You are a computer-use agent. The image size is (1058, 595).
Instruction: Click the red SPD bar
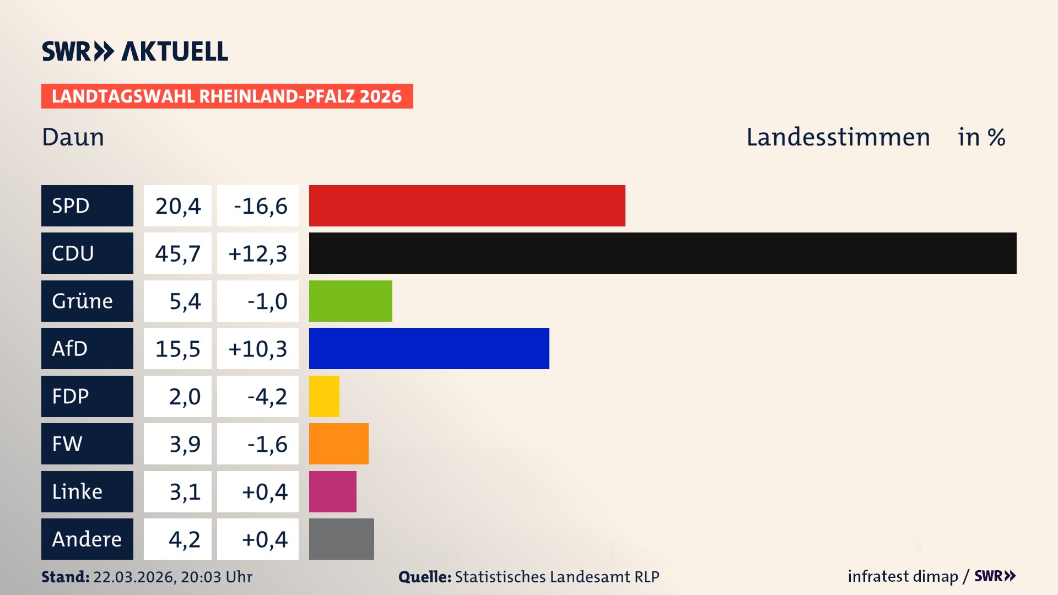(x=467, y=205)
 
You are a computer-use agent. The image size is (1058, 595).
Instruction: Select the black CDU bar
(x=662, y=253)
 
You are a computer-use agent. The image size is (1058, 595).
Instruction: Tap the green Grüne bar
(x=350, y=301)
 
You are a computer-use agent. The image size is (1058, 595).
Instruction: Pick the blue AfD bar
(x=429, y=348)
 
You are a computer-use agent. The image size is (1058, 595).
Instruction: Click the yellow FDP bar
(x=324, y=396)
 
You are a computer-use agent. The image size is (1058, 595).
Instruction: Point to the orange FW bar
(x=338, y=443)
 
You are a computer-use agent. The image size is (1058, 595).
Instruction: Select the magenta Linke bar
(x=332, y=491)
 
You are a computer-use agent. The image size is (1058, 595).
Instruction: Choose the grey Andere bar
(x=341, y=539)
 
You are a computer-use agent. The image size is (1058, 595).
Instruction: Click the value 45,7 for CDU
(x=177, y=253)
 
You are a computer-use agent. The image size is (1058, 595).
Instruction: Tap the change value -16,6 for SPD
(x=260, y=206)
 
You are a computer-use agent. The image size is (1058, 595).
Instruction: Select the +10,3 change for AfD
(x=257, y=349)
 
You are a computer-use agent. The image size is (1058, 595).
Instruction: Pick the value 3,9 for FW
(x=185, y=444)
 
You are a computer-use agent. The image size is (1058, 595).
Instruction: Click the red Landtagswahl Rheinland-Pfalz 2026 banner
(x=227, y=96)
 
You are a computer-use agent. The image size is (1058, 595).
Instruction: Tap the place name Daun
(x=73, y=137)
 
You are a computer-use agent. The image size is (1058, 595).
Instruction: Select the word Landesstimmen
(x=838, y=137)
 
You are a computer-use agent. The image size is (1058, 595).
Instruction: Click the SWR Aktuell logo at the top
(x=135, y=51)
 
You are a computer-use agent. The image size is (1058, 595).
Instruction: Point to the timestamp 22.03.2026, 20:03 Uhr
(x=172, y=577)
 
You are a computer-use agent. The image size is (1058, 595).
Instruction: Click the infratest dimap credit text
(x=903, y=576)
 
